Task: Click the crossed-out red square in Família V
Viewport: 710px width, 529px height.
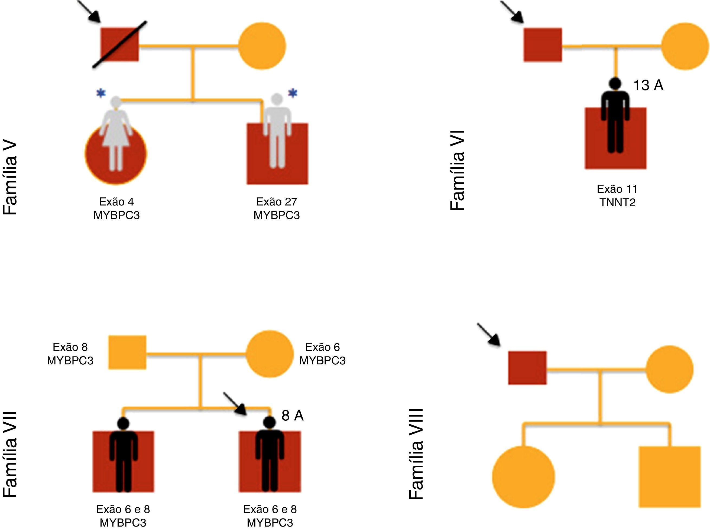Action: (x=120, y=44)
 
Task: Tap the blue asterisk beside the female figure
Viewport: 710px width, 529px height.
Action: (x=101, y=93)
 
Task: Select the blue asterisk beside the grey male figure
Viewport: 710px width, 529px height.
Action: (x=293, y=93)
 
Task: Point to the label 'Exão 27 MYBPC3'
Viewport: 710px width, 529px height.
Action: (x=277, y=208)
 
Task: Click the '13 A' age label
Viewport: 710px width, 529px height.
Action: (x=648, y=85)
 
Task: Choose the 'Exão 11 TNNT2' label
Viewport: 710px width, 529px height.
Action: (x=617, y=196)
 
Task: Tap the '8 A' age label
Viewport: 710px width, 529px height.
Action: (x=292, y=416)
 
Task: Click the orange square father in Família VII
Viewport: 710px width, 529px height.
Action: (x=127, y=352)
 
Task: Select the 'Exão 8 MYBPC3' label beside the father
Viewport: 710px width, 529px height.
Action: (x=70, y=354)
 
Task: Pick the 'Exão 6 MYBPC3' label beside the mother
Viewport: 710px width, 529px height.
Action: (x=322, y=354)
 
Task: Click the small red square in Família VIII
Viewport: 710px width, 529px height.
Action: (x=527, y=368)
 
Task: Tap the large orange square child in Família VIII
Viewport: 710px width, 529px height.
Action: (x=670, y=476)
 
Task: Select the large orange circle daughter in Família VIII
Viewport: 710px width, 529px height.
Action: (x=523, y=476)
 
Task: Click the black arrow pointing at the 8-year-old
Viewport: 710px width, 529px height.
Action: (x=235, y=403)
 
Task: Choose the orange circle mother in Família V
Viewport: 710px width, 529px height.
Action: (x=262, y=46)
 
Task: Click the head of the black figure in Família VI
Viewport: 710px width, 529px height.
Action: (x=615, y=83)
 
